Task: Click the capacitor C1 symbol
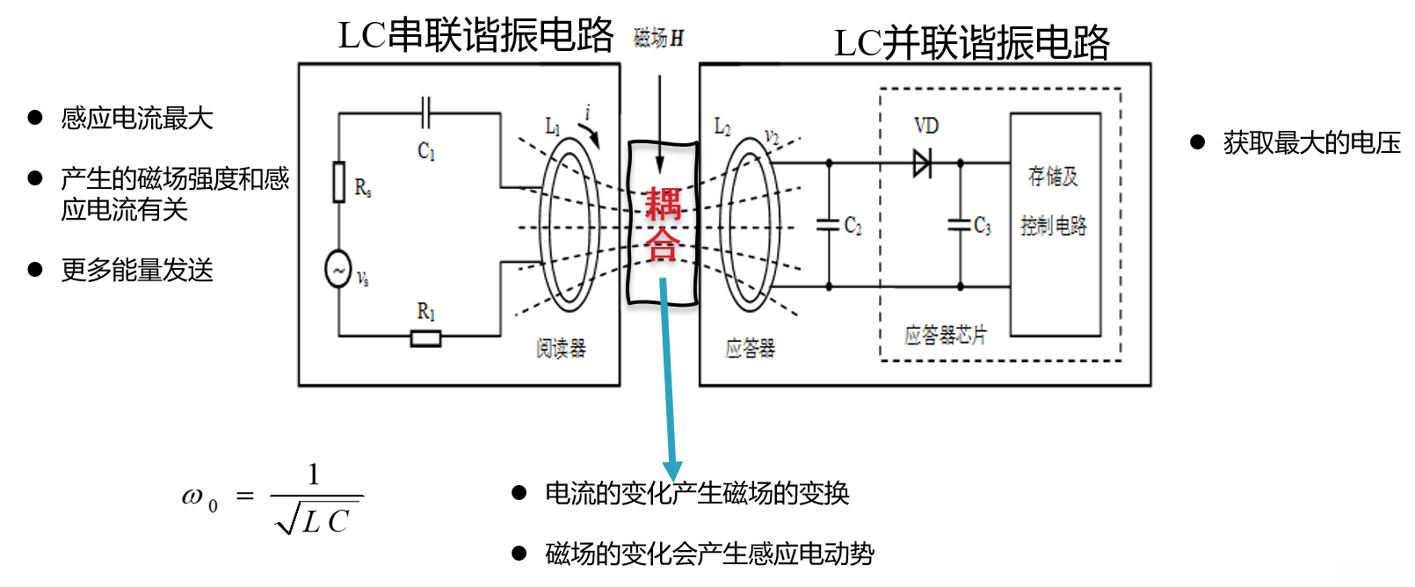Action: point(426,113)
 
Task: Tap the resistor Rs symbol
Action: point(339,182)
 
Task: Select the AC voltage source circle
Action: point(338,269)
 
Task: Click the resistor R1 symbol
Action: point(426,337)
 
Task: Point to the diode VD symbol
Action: point(922,163)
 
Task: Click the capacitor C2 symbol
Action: point(828,225)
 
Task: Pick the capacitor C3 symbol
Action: point(960,225)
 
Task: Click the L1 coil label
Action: point(553,127)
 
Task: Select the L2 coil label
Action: point(722,127)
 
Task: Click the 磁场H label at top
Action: point(658,38)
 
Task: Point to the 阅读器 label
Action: point(561,349)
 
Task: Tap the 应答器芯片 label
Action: point(946,335)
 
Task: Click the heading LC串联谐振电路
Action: point(475,35)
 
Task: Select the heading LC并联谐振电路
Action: point(971,42)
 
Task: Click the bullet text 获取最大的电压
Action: point(1311,142)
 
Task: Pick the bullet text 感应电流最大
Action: point(137,118)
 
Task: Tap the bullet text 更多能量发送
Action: point(137,270)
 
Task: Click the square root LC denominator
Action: point(316,520)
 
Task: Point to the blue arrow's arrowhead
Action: point(672,471)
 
